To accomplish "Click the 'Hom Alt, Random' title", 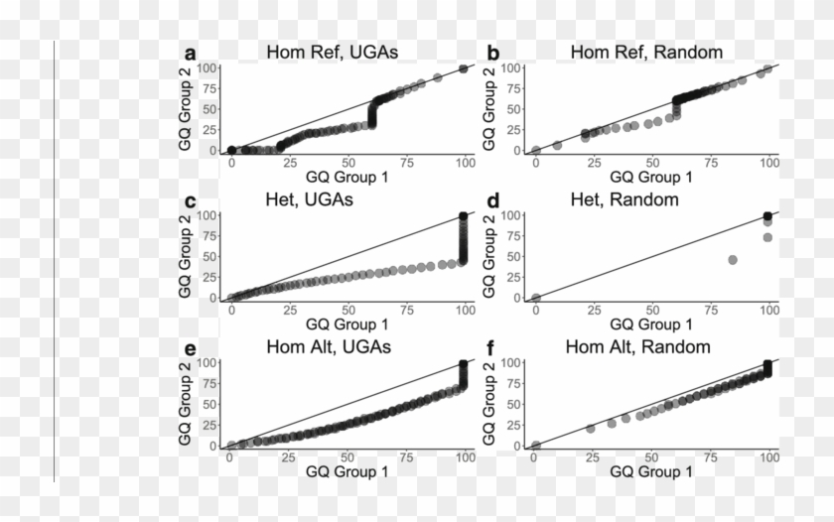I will (638, 346).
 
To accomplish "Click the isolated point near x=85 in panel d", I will (733, 259).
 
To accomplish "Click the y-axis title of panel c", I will (188, 255).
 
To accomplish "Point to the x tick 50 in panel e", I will (347, 458).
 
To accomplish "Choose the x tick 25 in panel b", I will (594, 163).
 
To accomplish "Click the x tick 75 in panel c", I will (407, 310).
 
